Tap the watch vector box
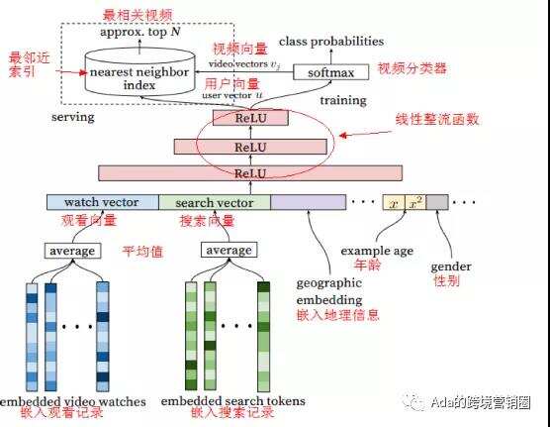point(102,203)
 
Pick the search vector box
point(214,203)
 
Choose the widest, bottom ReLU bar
point(249,173)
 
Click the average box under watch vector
point(72,251)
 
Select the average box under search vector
point(229,251)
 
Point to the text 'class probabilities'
point(331,42)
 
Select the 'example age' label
point(377,252)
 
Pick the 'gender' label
point(450,267)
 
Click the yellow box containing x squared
point(415,203)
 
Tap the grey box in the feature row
point(437,203)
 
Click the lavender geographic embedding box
point(308,203)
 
